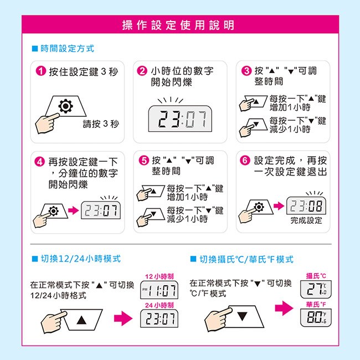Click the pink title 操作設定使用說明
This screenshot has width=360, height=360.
pyautogui.click(x=178, y=25)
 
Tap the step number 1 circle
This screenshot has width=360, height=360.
pyautogui.click(x=41, y=71)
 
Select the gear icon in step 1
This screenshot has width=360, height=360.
pyautogui.click(x=66, y=106)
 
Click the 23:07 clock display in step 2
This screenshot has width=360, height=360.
pyautogui.click(x=180, y=119)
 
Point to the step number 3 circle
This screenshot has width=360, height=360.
pyautogui.click(x=246, y=71)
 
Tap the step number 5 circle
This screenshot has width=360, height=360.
pyautogui.click(x=144, y=160)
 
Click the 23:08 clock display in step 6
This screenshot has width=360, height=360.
pyautogui.click(x=306, y=205)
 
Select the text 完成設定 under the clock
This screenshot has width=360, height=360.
pyautogui.click(x=306, y=220)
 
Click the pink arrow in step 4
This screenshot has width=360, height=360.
pyautogui.click(x=74, y=210)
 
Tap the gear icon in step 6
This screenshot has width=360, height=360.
pyautogui.click(x=259, y=207)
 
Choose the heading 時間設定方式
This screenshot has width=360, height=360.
pyautogui.click(x=67, y=49)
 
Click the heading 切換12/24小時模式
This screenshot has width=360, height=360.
pyautogui.click(x=81, y=259)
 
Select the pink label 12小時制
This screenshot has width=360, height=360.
pyautogui.click(x=160, y=276)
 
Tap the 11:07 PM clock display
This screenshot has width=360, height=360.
pyautogui.click(x=159, y=290)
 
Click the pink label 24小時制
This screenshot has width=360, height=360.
pyautogui.click(x=160, y=305)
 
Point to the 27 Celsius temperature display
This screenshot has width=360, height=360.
pyautogui.click(x=316, y=289)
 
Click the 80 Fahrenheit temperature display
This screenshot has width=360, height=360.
pyautogui.click(x=316, y=317)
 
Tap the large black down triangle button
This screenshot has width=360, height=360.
pyautogui.click(x=242, y=316)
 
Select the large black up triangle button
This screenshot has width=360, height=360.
pyautogui.click(x=81, y=320)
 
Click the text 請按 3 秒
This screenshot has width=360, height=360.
pyautogui.click(x=101, y=124)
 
